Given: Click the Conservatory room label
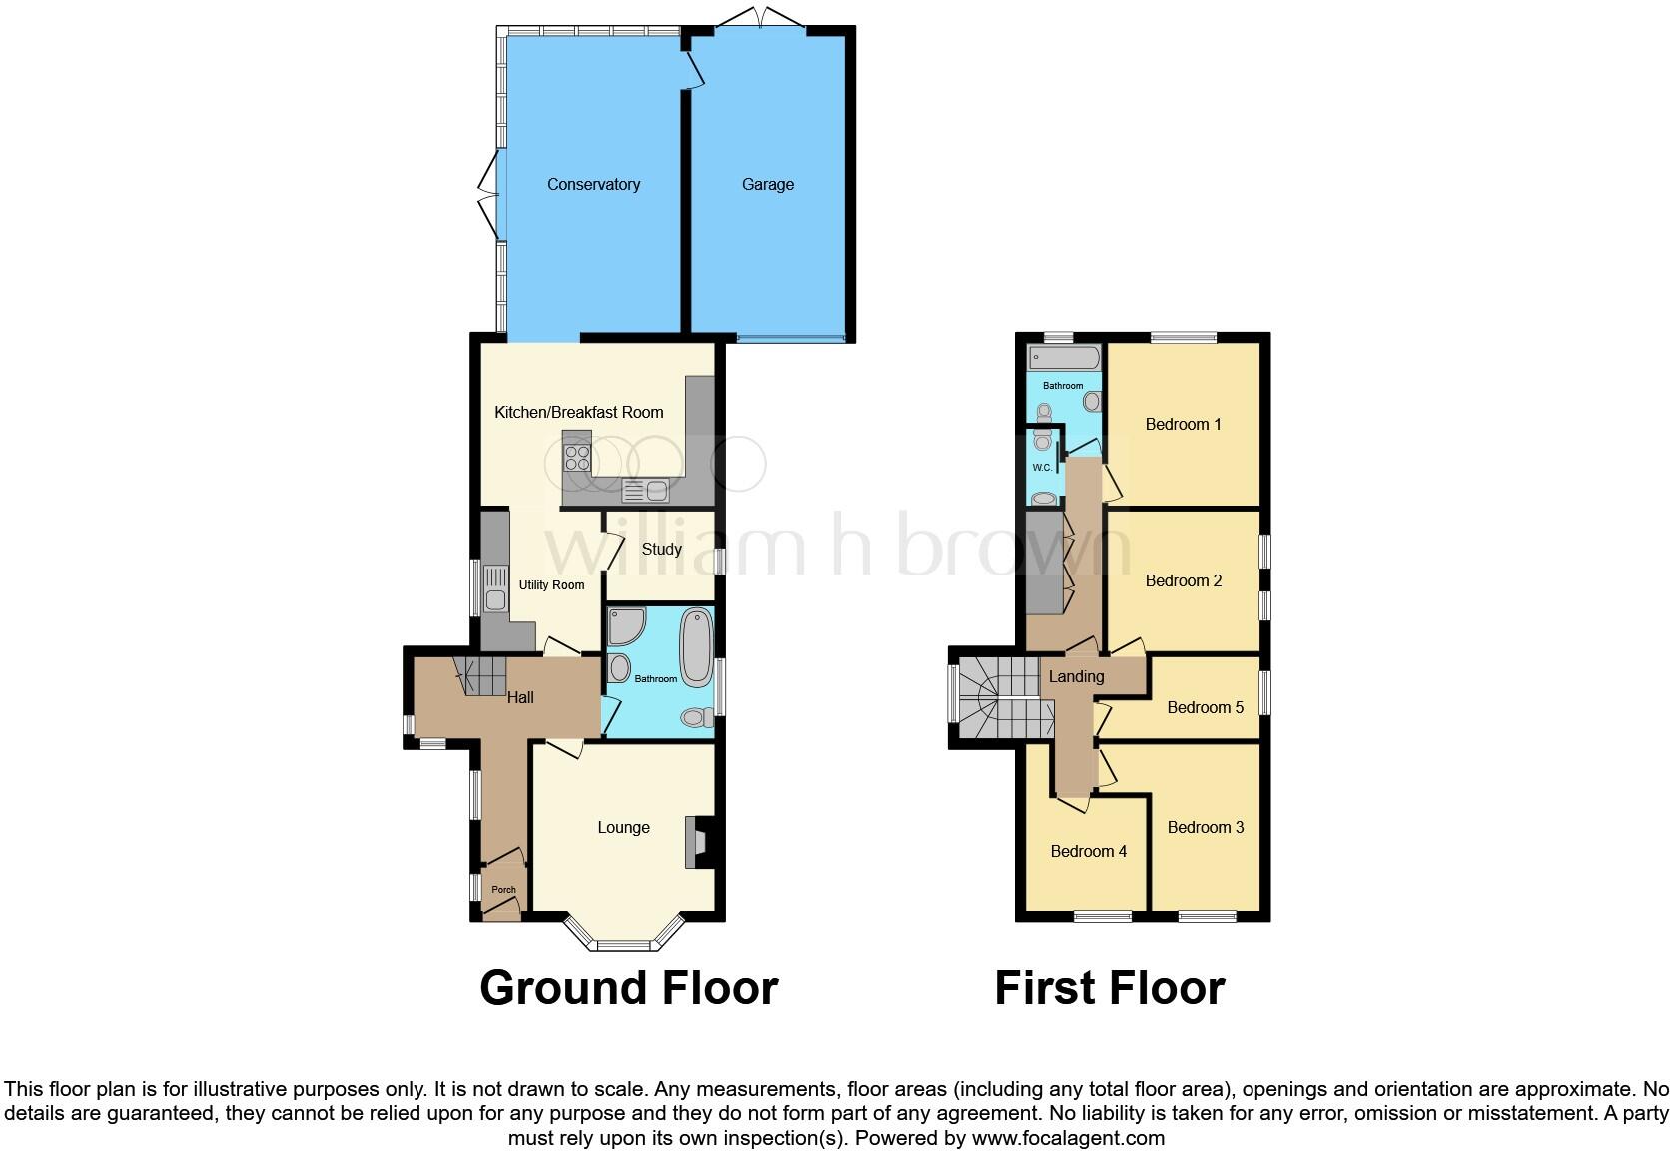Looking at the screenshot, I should (x=593, y=185).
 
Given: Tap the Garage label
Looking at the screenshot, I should (x=767, y=185).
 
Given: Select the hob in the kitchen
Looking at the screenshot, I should (x=577, y=458).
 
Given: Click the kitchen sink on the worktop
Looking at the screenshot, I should (x=645, y=490).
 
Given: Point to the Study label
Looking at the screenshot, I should (x=661, y=550).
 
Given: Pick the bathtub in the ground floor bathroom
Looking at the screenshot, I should (x=694, y=647).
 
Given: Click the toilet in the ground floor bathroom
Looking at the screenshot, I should (x=698, y=717).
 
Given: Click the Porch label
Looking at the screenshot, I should (x=503, y=890).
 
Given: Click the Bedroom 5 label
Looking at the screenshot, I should (x=1205, y=708).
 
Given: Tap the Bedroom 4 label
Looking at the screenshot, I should (x=1088, y=852).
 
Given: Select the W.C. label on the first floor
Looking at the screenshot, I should (x=1042, y=468).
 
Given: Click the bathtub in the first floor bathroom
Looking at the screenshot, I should (x=1063, y=357).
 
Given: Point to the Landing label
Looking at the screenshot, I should (x=1076, y=677).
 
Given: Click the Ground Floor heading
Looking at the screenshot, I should (x=628, y=988).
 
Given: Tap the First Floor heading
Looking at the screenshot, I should (x=1109, y=988).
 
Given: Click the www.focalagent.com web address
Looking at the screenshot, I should (x=1067, y=1138).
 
